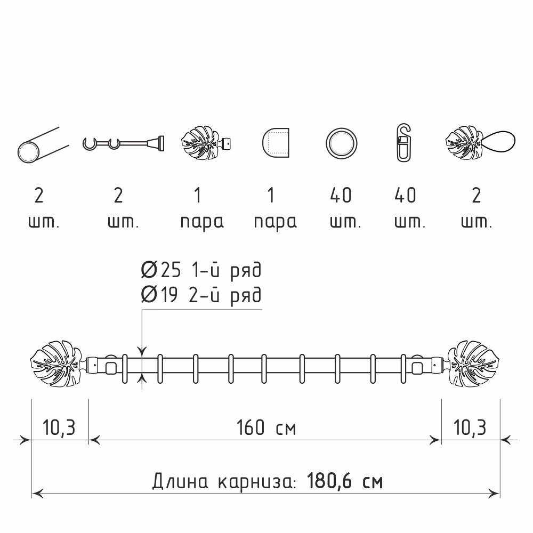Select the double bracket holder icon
click(x=124, y=143)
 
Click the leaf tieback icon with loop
click(x=480, y=143)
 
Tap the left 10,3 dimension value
click(x=59, y=427)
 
